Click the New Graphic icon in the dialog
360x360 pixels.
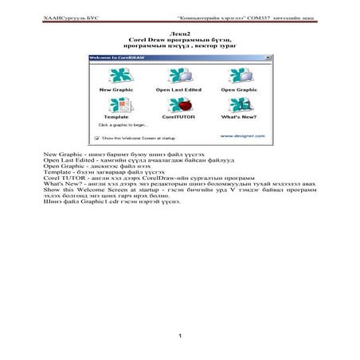[x=115, y=76]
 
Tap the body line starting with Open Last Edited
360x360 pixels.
[x=127, y=158]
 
